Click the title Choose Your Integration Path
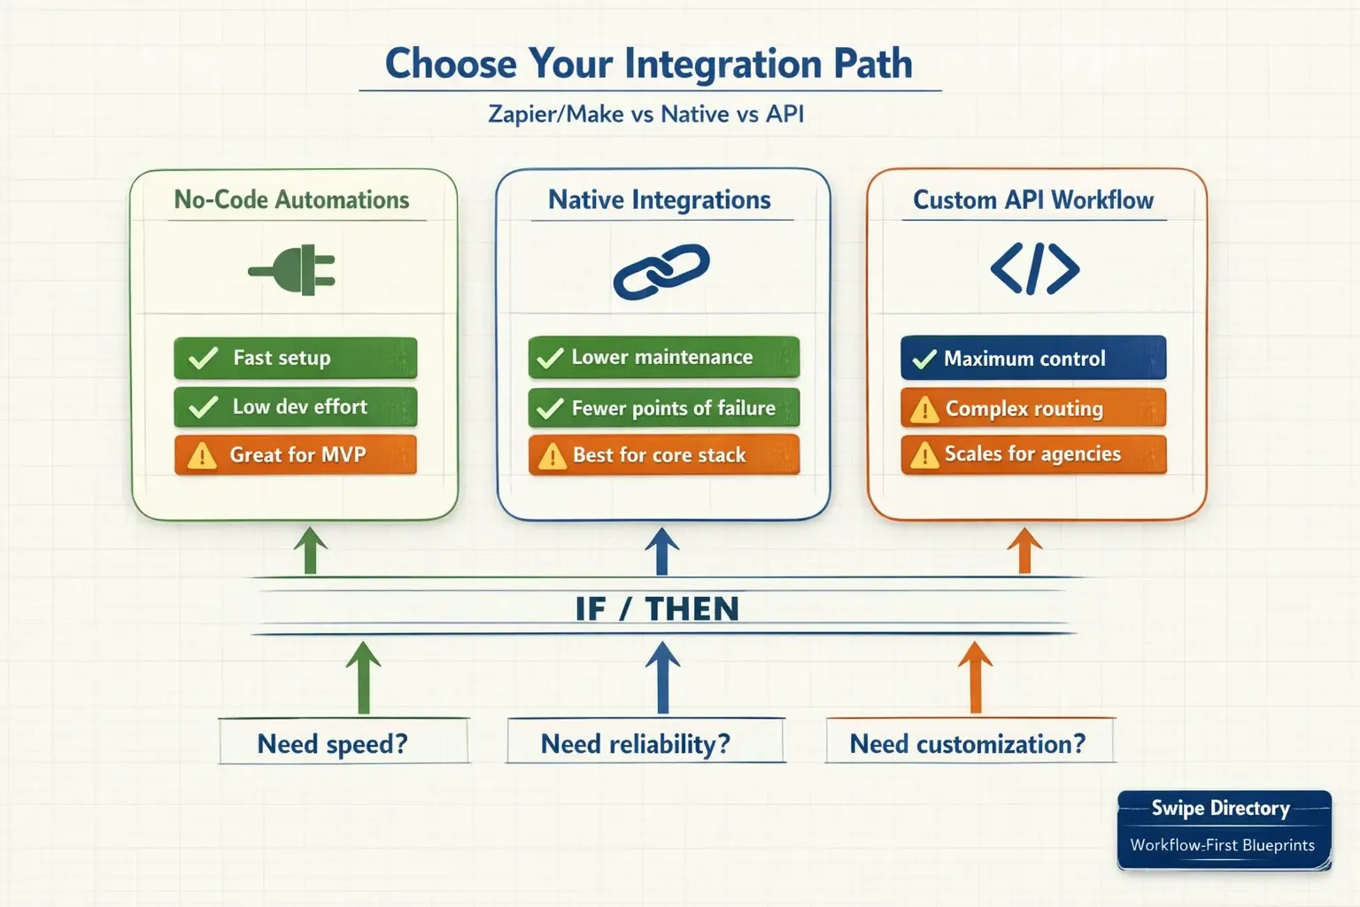pos(648,64)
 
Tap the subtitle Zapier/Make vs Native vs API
pos(645,114)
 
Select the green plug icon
pos(293,270)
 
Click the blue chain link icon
pos(661,271)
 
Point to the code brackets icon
pos(1034,269)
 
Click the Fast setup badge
pos(295,358)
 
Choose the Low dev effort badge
pos(295,407)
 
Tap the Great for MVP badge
pos(295,455)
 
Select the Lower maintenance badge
pos(663,357)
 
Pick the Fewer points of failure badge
pos(663,408)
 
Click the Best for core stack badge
pos(663,455)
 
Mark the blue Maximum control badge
pos(1032,358)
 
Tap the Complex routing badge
pos(1032,408)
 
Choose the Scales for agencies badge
pos(1032,454)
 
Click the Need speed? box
pos(343,742)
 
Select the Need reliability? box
pos(645,742)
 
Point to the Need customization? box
pos(969,742)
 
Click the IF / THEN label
pos(657,609)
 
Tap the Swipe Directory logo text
pos(1220,808)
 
